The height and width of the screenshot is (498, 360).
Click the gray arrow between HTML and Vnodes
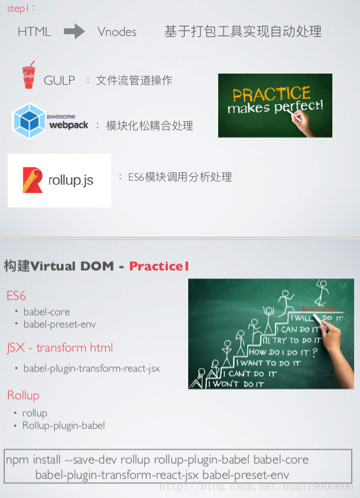[74, 31]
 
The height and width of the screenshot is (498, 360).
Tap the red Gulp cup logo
[29, 75]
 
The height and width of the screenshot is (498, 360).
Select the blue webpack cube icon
[29, 121]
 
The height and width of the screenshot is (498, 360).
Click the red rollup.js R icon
[32, 180]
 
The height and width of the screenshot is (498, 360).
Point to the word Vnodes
[117, 32]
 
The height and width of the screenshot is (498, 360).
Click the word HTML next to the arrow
[34, 32]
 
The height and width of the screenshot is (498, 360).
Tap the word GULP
[59, 81]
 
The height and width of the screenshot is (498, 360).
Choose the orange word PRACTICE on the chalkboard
[271, 94]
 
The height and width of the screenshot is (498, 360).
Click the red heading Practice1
[159, 266]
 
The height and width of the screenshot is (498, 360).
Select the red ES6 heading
[16, 296]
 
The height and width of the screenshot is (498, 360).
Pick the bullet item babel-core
[46, 312]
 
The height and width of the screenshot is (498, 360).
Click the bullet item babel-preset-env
[59, 324]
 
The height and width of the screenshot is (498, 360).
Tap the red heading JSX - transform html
[59, 348]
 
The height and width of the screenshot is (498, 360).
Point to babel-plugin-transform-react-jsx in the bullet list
[92, 368]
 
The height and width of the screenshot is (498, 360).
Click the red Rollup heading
[23, 396]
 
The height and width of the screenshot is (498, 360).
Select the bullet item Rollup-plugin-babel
[64, 425]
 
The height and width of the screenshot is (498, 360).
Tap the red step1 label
[18, 8]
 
